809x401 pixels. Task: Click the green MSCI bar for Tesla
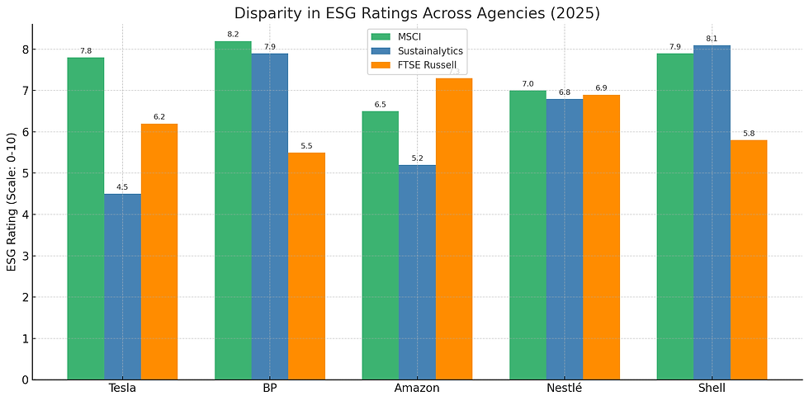(x=86, y=219)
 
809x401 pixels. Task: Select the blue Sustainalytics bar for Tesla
(x=122, y=286)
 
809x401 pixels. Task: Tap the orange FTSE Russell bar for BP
(x=306, y=266)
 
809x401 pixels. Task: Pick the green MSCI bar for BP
(x=233, y=210)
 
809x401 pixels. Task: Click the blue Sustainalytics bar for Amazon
(x=417, y=272)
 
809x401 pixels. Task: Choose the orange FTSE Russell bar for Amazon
(x=454, y=229)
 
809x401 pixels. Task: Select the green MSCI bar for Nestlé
(x=528, y=235)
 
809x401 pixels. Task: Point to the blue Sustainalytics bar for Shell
(x=712, y=212)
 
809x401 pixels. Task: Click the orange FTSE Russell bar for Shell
(x=749, y=260)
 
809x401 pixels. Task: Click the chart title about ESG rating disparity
(x=417, y=13)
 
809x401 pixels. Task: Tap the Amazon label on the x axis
(x=417, y=389)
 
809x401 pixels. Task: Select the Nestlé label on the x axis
(x=565, y=389)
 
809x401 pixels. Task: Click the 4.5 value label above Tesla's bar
(x=122, y=187)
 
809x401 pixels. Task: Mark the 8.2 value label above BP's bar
(x=233, y=35)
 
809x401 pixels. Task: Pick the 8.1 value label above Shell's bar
(x=712, y=39)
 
